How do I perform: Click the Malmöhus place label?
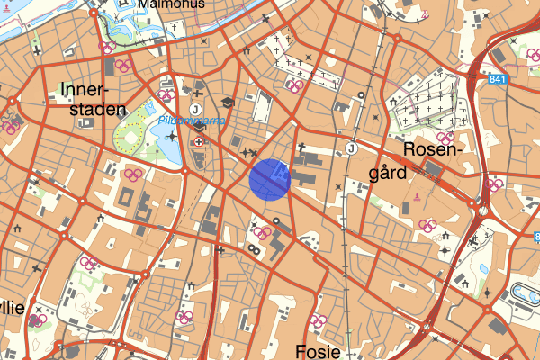[171, 4]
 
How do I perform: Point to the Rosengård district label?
[433, 159]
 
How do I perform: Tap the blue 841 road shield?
[498, 80]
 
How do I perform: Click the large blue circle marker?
[268, 177]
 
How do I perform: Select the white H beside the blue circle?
[282, 169]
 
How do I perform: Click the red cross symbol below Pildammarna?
[199, 142]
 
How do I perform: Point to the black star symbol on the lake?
[172, 137]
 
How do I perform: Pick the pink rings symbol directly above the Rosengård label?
[445, 137]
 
